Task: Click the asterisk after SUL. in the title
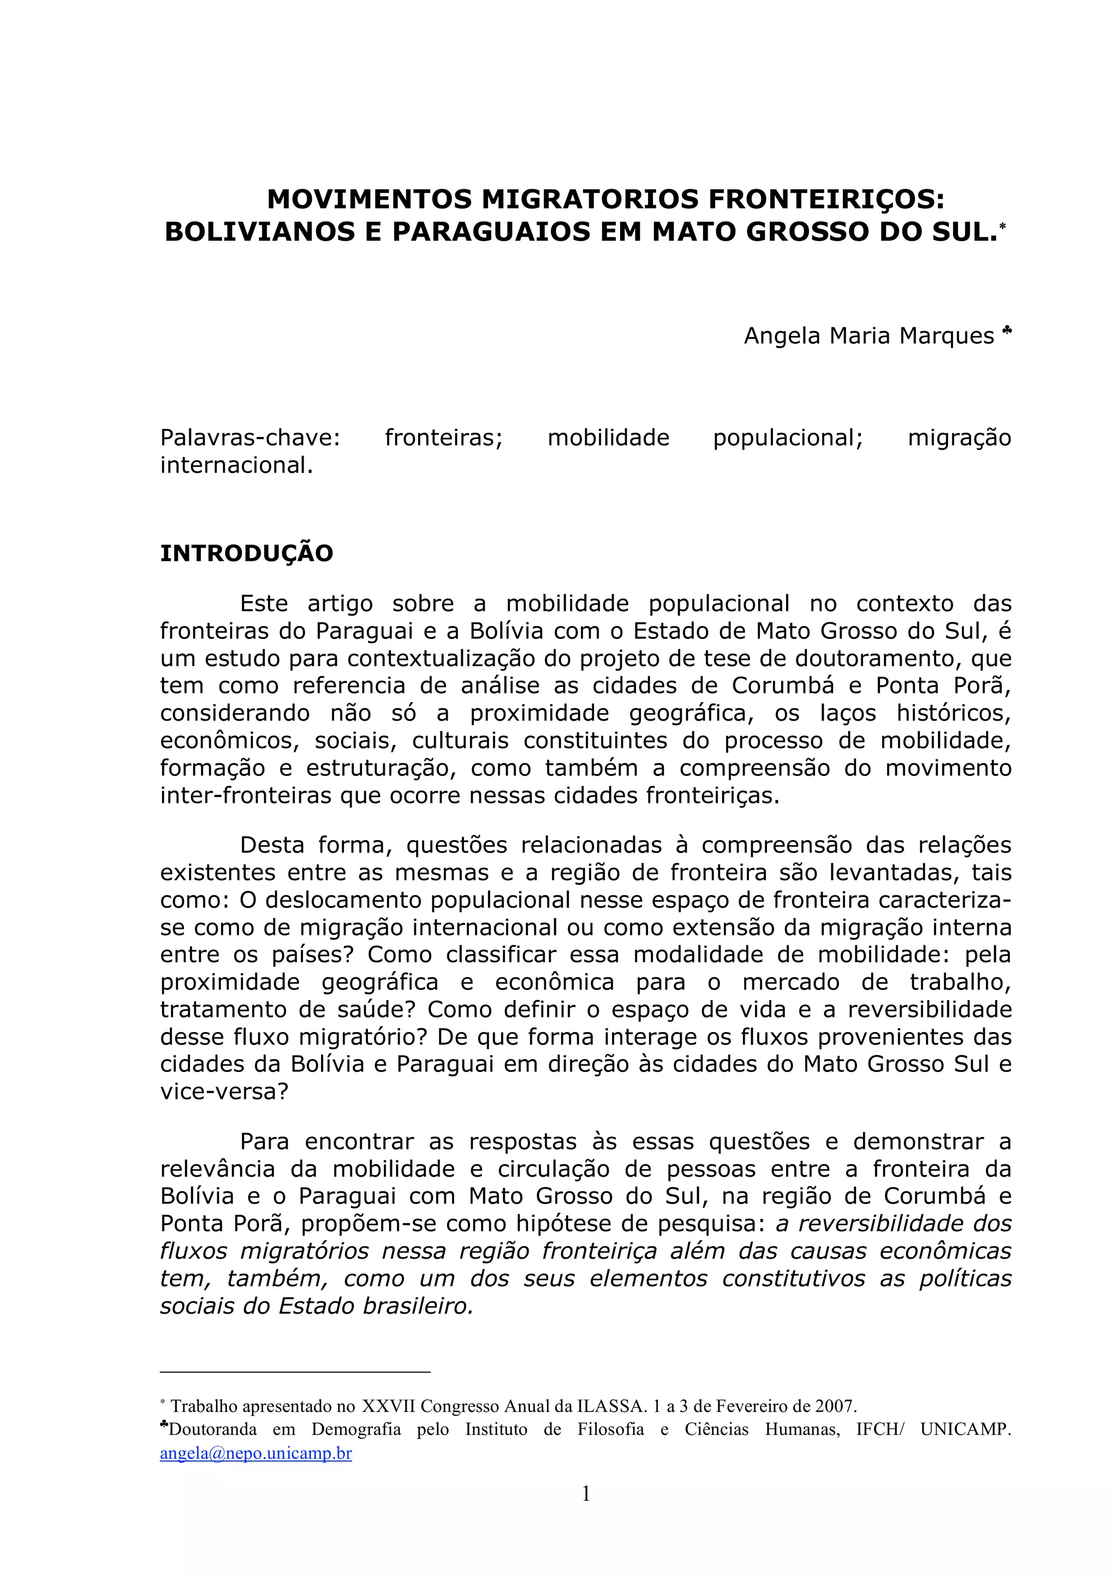1003,226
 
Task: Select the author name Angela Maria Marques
869,336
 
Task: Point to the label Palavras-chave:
250,438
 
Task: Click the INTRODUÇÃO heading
247,553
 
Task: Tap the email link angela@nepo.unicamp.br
255,1453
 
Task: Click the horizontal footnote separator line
295,1373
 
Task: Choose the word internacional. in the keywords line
236,465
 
